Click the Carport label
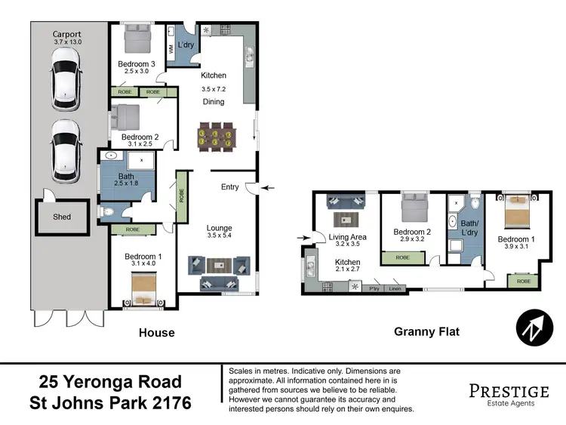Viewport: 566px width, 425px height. click(x=67, y=34)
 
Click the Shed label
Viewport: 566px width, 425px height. click(x=62, y=217)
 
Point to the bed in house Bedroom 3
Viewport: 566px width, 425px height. click(x=138, y=36)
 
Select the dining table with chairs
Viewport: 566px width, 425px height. click(x=217, y=137)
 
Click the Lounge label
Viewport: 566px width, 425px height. click(x=220, y=228)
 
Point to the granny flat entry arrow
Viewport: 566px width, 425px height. click(x=304, y=239)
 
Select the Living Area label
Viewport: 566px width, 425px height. click(x=348, y=237)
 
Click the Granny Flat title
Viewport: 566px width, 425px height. click(x=426, y=331)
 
